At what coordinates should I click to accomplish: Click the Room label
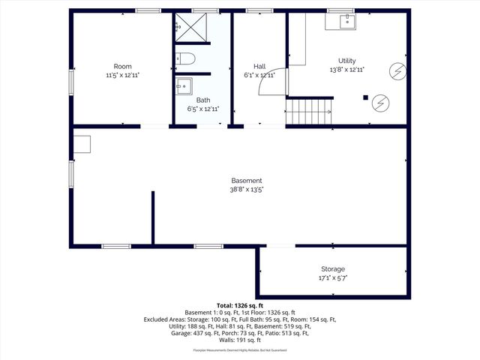point(122,67)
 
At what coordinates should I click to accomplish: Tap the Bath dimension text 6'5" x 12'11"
point(203,109)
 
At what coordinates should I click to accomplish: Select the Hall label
point(259,66)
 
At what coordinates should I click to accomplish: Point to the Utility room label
point(346,61)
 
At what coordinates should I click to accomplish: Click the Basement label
point(246,181)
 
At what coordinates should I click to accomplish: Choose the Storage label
point(333,268)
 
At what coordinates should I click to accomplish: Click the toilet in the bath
point(186,58)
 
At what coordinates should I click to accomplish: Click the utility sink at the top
point(346,21)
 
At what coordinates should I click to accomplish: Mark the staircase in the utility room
point(309,110)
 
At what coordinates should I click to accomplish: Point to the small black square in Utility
point(364,97)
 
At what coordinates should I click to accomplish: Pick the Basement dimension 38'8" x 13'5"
point(246,190)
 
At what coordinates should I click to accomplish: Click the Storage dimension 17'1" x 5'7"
point(333,277)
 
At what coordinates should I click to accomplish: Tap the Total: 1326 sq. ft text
point(240,305)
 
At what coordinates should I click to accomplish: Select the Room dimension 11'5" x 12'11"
point(122,76)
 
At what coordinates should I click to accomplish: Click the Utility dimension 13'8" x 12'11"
point(346,70)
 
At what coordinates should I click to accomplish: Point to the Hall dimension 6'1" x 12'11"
point(259,75)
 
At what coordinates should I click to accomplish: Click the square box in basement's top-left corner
point(81,143)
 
